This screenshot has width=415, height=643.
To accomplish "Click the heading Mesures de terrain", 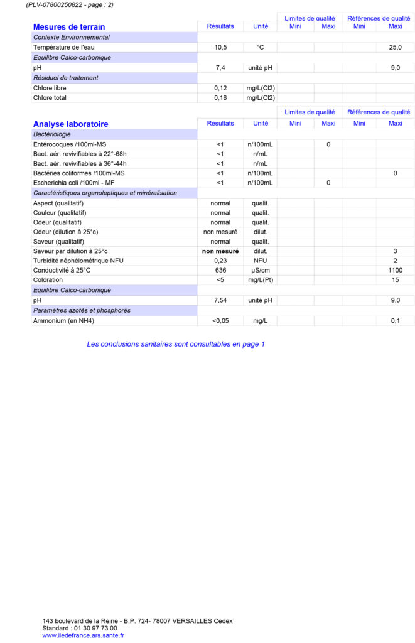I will (69, 27).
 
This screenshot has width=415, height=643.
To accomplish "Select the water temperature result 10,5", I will (220, 47).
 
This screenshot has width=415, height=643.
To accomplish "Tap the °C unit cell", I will (260, 47).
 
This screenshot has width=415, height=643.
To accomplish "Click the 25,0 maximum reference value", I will (395, 47).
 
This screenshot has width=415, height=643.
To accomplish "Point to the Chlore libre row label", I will (50, 88).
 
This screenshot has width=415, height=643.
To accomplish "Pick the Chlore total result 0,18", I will (220, 98).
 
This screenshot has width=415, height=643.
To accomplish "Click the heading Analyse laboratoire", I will (70, 124).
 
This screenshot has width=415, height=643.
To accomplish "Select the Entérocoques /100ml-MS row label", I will (70, 144).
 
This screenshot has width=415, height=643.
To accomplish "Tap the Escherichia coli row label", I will (73, 183).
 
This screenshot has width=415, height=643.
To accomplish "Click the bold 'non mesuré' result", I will (220, 251).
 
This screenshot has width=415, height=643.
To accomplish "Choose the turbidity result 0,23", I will (220, 260).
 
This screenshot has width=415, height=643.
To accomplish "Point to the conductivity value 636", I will (220, 270).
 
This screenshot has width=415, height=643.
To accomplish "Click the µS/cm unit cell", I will (260, 270).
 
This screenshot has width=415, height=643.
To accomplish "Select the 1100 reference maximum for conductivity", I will (395, 270).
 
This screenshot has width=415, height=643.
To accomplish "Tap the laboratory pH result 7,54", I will (220, 300).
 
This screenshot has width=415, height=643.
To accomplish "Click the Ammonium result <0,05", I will (220, 321).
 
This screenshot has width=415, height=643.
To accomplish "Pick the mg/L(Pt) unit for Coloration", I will (260, 280).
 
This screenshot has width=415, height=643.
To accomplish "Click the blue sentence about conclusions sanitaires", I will (176, 344).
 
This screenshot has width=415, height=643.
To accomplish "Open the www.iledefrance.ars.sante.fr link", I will (83, 635).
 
